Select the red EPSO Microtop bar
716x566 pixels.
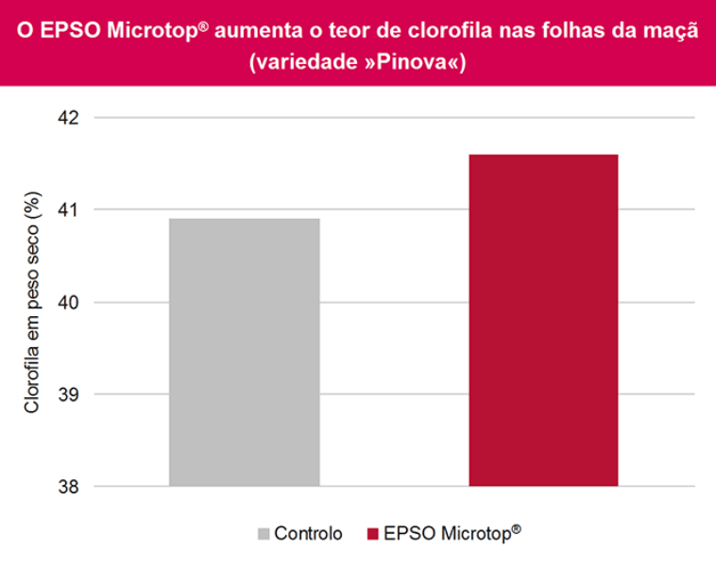(x=543, y=321)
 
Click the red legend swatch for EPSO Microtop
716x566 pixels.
(x=372, y=533)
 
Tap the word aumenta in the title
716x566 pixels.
(x=249, y=32)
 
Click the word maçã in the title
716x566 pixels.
(x=672, y=32)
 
